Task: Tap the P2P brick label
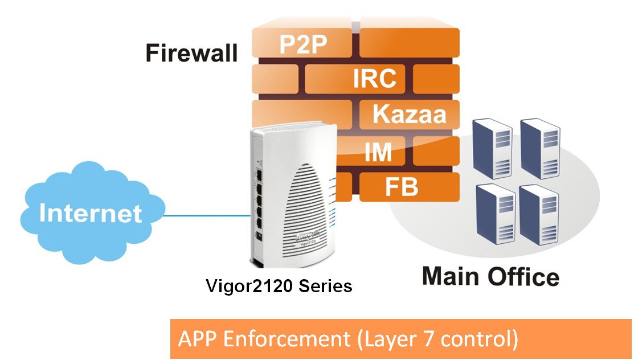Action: point(303,44)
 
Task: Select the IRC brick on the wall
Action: point(374,79)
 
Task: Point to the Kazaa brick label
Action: point(409,113)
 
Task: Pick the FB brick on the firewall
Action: point(401,187)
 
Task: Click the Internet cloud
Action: point(90,213)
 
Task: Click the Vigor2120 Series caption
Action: point(279,285)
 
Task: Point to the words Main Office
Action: point(490,277)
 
